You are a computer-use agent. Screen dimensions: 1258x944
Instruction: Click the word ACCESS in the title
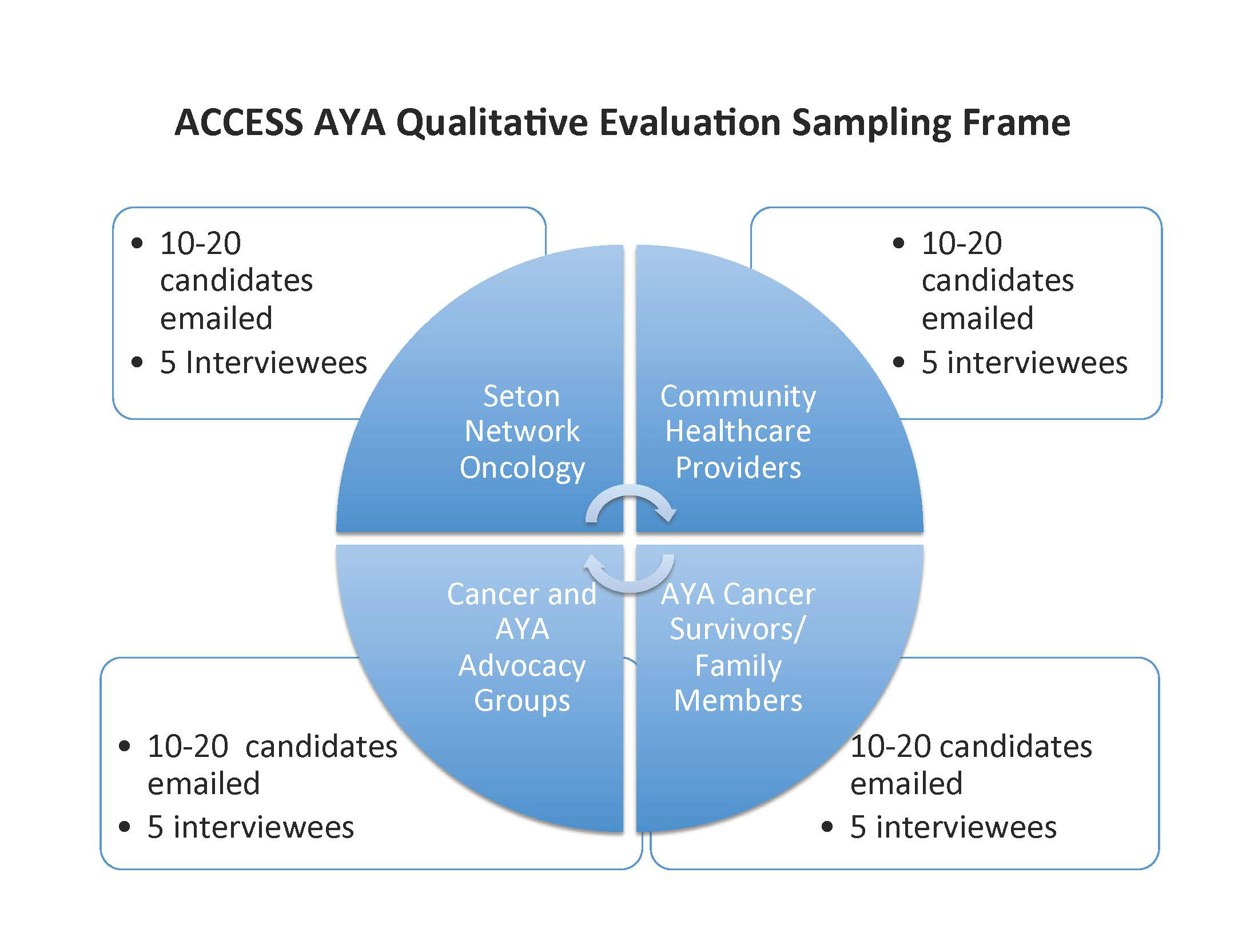coord(238,122)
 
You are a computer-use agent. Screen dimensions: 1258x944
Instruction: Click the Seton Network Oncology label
coord(521,433)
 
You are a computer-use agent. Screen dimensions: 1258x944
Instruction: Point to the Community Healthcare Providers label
coord(738,431)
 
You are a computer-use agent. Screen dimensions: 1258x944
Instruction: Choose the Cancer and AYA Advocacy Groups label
coord(521,647)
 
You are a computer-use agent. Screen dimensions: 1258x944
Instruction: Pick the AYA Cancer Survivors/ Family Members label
coord(738,647)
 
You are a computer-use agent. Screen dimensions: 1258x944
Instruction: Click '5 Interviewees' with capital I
coord(264,363)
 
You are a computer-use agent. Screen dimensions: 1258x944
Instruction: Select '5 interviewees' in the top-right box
coord(1024,363)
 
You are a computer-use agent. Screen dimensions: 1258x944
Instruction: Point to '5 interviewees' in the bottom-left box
coord(251,827)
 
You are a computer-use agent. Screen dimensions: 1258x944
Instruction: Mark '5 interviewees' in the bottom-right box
coord(953,827)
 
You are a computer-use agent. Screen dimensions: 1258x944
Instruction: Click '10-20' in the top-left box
coord(200,244)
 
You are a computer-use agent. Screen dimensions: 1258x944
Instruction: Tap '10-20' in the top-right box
coord(962,244)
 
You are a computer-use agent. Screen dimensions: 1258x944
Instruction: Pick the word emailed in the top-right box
coord(978,318)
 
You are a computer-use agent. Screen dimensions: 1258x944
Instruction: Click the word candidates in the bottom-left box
coord(321,747)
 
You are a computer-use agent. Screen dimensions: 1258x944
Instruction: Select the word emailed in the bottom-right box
coord(906,783)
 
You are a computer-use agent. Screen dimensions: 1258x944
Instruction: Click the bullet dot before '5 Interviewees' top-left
coord(137,363)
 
